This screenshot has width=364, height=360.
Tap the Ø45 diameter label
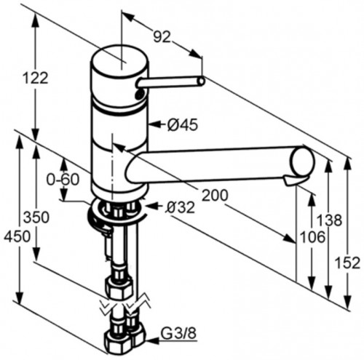point(182,125)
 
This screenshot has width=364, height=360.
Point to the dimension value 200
point(215,194)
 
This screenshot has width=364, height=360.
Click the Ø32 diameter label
point(180,208)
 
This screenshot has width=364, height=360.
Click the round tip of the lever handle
point(199,80)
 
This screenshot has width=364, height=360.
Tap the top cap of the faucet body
point(117,57)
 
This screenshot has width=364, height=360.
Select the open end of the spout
point(302,159)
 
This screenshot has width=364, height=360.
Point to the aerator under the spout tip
point(295,180)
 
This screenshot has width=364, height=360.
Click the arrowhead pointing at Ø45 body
point(149,125)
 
